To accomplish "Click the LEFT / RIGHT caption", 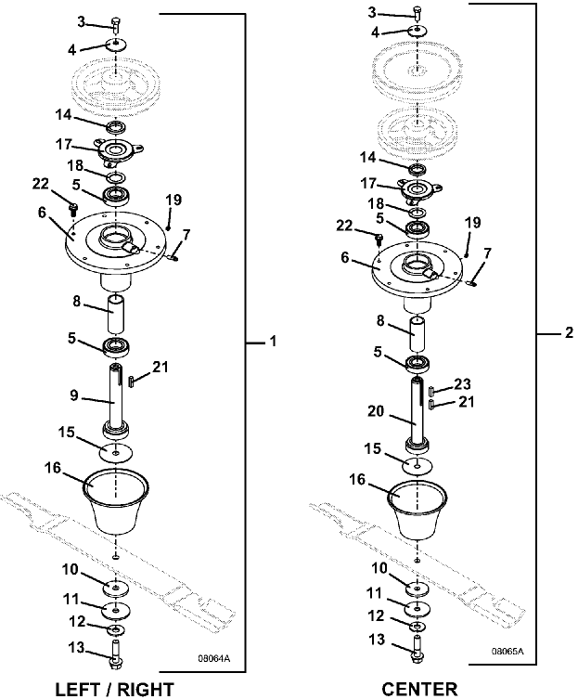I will coord(115,688).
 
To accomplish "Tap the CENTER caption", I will coord(419,688).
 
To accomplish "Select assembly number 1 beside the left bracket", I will coord(274,343).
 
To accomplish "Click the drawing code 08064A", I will coord(213,660).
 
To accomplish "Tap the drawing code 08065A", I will coord(507,652).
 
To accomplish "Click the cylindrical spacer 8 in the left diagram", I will coord(116,317).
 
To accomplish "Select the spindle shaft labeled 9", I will coord(115,399).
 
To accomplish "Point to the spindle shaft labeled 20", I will coord(418,410).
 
